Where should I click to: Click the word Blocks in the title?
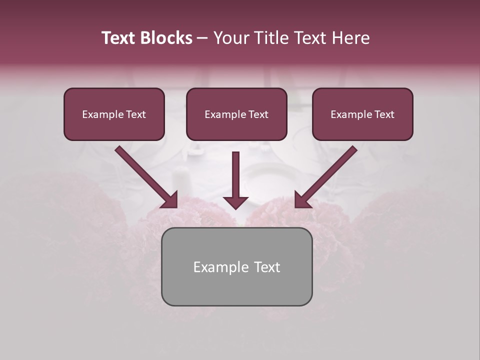coord(166,38)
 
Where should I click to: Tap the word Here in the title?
coord(350,38)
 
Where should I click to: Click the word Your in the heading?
coord(231,38)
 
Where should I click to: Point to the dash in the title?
coord(202,38)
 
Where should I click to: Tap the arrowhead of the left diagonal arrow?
coord(170,200)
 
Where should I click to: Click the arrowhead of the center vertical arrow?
coord(235,202)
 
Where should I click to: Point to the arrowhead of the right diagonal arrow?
coord(302,200)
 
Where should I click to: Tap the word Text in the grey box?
coord(267,267)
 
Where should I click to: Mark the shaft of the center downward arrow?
coord(235,172)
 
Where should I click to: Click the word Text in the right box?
coord(384,114)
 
